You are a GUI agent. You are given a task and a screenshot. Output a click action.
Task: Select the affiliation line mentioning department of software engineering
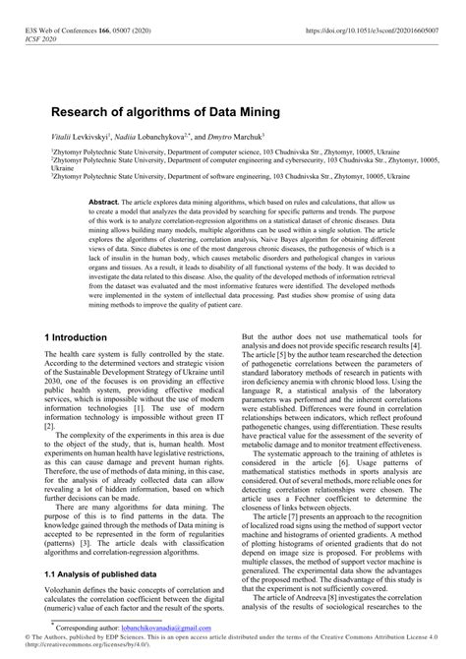pos(231,177)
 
